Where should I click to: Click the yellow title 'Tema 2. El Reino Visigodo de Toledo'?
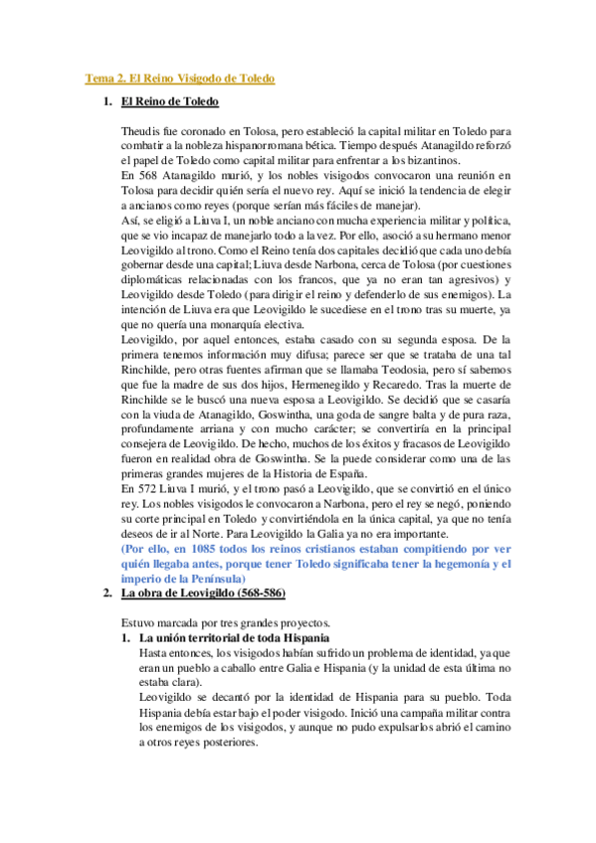178,78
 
